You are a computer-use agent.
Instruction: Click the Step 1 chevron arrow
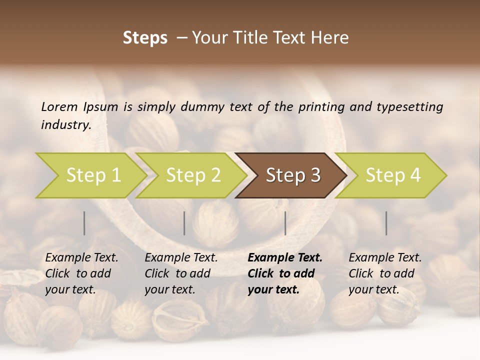tap(92, 175)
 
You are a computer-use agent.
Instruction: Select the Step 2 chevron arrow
tap(192, 175)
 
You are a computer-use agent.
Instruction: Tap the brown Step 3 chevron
tap(292, 175)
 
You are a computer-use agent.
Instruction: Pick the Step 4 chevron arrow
tap(392, 175)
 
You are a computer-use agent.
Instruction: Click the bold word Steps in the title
tap(145, 38)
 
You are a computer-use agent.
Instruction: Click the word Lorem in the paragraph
tap(59, 106)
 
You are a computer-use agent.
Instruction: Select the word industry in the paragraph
tap(65, 124)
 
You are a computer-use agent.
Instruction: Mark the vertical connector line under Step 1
tap(84, 223)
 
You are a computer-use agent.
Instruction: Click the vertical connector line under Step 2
tap(184, 223)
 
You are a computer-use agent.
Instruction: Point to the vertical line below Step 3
tap(285, 223)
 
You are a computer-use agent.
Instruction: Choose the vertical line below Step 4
tap(386, 223)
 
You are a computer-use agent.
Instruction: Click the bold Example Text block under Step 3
tap(284, 273)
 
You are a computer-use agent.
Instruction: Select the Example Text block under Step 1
tap(81, 273)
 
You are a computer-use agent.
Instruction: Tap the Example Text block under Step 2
tap(181, 273)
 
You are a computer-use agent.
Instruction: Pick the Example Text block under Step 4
tap(385, 273)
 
